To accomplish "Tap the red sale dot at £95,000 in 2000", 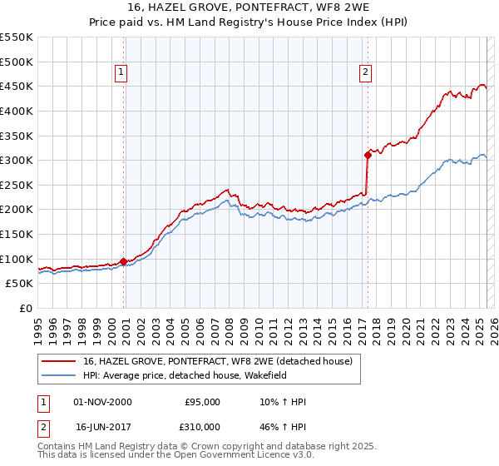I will (x=124, y=261).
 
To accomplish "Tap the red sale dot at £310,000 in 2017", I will (x=368, y=155).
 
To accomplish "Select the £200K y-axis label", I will (x=17, y=210).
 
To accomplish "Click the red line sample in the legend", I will (x=59, y=361).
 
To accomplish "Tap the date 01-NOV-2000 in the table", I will (x=103, y=402).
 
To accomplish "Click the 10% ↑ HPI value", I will (x=283, y=402).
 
